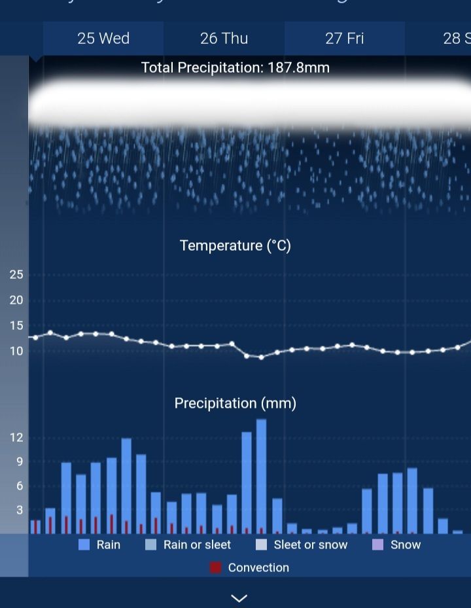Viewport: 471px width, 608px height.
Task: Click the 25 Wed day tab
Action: [103, 39]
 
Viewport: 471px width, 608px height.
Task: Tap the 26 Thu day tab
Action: [224, 39]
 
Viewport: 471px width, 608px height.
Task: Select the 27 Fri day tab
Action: [344, 39]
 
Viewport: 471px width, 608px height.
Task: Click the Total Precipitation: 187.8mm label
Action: [235, 67]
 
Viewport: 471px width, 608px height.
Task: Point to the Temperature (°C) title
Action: [235, 246]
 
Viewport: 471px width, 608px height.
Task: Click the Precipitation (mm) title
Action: [235, 403]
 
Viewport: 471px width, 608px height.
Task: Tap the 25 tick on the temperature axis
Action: [16, 275]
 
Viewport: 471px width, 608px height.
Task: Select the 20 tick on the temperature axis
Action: [16, 300]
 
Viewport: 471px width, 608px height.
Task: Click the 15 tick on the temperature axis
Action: [16, 325]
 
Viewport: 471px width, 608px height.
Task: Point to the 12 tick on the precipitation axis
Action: [16, 438]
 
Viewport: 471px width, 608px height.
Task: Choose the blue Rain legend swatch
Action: [84, 545]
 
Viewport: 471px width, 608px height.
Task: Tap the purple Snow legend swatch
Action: [377, 545]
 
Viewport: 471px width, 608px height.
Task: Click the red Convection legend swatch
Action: [216, 567]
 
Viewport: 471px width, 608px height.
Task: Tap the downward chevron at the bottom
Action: [239, 598]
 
